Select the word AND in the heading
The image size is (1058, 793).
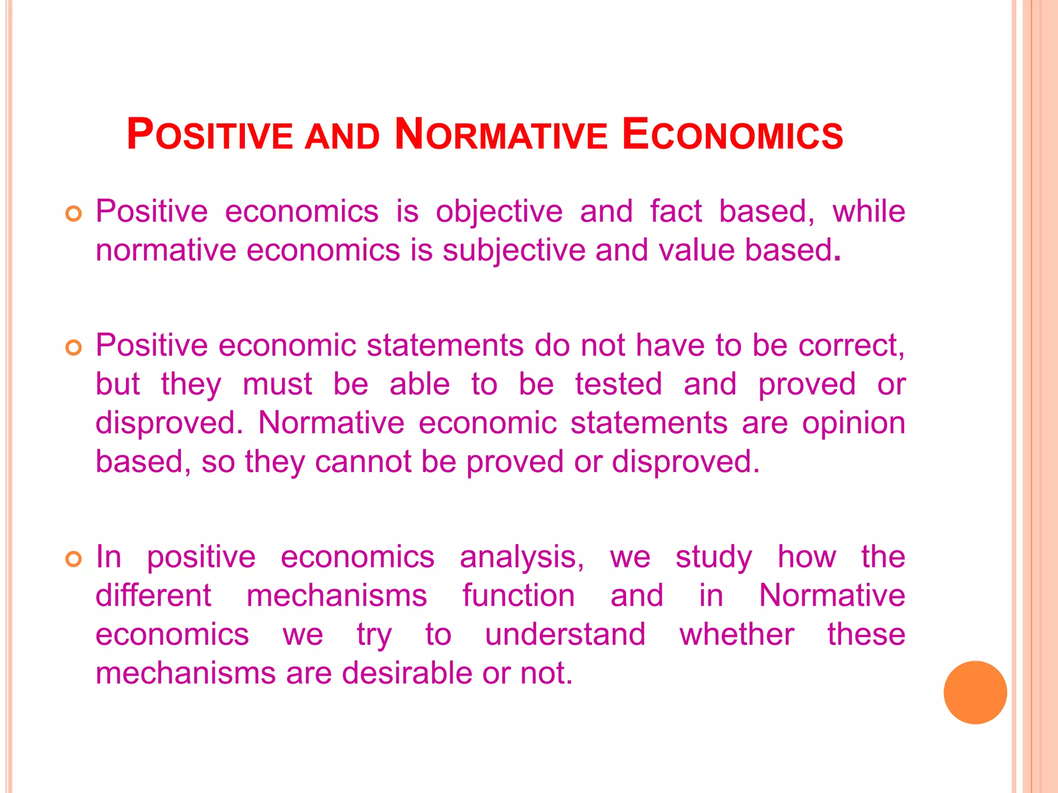[342, 137]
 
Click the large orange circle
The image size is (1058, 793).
[975, 692]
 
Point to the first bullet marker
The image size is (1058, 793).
[74, 214]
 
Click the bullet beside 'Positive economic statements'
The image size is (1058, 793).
[74, 348]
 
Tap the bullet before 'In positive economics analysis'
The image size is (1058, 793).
[74, 559]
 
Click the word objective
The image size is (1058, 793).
[499, 212]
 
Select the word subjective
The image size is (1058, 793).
[514, 250]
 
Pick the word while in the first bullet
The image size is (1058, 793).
[868, 212]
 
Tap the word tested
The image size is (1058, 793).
[618, 384]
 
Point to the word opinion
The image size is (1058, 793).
[853, 423]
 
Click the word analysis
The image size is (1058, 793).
[522, 557]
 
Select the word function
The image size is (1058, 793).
[518, 596]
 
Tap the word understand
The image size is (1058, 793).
[565, 635]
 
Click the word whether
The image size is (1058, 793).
[737, 635]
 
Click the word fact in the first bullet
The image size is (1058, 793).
[676, 212]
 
